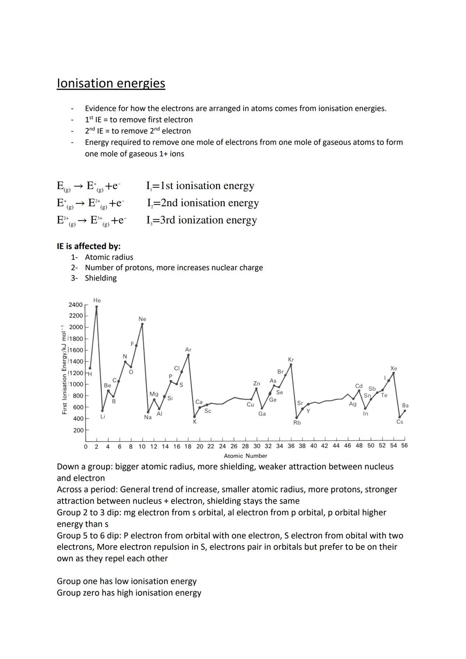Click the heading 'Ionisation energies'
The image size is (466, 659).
pyautogui.click(x=111, y=83)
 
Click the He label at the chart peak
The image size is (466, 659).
pyautogui.click(x=97, y=300)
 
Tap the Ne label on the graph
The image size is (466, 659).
pyautogui.click(x=142, y=319)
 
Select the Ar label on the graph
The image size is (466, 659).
pyautogui.click(x=188, y=350)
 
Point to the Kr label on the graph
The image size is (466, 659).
pyautogui.click(x=291, y=359)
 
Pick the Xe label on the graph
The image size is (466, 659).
pyautogui.click(x=394, y=369)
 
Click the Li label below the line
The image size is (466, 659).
pyautogui.click(x=103, y=416)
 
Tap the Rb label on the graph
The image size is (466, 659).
pyautogui.click(x=297, y=423)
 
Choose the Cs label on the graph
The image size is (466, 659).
pyautogui.click(x=400, y=422)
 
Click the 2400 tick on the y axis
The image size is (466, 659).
pyautogui.click(x=76, y=305)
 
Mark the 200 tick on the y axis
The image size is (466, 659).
pyautogui.click(x=78, y=430)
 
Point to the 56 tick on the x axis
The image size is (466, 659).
pyautogui.click(x=404, y=446)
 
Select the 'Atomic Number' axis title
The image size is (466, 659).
pyautogui.click(x=246, y=456)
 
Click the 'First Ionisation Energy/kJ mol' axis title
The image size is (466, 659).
pyautogui.click(x=64, y=369)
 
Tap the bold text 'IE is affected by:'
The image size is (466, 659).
pyautogui.click(x=88, y=246)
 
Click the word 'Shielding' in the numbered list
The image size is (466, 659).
pyautogui.click(x=101, y=278)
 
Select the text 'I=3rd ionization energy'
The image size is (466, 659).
pyautogui.click(x=202, y=220)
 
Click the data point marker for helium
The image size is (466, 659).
pyautogui.click(x=97, y=307)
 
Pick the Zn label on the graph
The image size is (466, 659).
pyautogui.click(x=256, y=383)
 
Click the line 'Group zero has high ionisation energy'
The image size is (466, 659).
pyautogui.click(x=129, y=593)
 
